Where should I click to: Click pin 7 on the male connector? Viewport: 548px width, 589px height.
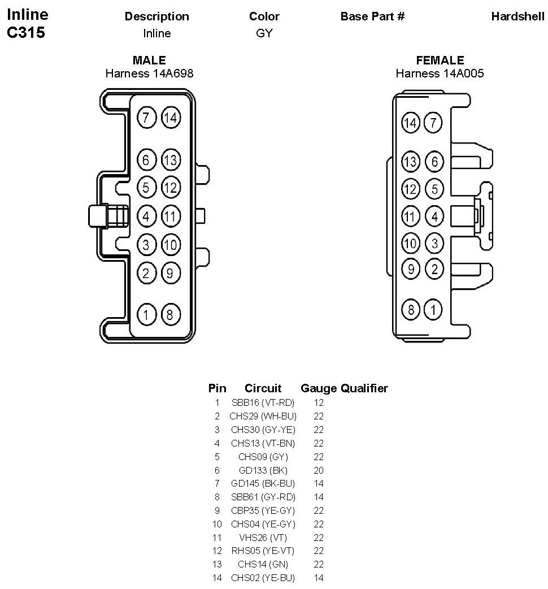pyautogui.click(x=146, y=118)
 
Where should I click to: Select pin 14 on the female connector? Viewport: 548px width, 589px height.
pyautogui.click(x=411, y=123)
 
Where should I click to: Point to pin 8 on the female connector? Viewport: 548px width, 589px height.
pyautogui.click(x=411, y=309)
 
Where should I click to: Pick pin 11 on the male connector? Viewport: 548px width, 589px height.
pyautogui.click(x=170, y=215)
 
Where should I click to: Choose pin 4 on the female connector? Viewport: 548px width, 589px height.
pyautogui.click(x=434, y=216)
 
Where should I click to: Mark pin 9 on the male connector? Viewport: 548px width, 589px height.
pyautogui.click(x=170, y=274)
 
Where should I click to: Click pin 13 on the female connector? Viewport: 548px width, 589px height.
pyautogui.click(x=411, y=162)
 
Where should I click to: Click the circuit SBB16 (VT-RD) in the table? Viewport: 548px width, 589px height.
pyautogui.click(x=263, y=402)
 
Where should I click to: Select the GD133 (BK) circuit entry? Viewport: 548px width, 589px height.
pyautogui.click(x=263, y=470)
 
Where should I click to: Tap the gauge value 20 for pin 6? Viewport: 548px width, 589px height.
pyautogui.click(x=319, y=470)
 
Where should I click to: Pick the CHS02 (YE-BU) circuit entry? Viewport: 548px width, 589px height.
pyautogui.click(x=263, y=578)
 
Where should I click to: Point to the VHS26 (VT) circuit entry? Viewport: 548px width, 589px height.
pyautogui.click(x=263, y=538)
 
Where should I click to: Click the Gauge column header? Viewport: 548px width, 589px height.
pyautogui.click(x=319, y=388)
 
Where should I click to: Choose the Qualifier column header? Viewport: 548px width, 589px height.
pyautogui.click(x=364, y=388)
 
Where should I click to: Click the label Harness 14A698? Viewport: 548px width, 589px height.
pyautogui.click(x=149, y=73)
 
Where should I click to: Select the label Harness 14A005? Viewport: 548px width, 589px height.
pyautogui.click(x=440, y=73)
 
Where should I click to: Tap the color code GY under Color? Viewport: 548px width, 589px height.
pyautogui.click(x=264, y=33)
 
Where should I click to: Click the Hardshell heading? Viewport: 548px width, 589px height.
pyautogui.click(x=517, y=16)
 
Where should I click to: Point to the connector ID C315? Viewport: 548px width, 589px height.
pyautogui.click(x=26, y=32)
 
